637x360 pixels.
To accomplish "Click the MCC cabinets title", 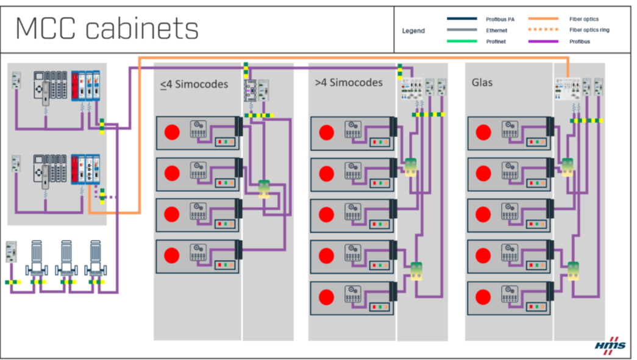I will [x=107, y=29].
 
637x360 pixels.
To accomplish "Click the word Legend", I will [x=413, y=30].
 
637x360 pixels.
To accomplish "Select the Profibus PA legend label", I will [x=500, y=19].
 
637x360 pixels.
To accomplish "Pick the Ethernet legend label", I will [x=496, y=30].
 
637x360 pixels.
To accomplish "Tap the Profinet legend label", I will [x=496, y=41].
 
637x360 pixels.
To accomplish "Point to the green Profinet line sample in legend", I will [x=461, y=41].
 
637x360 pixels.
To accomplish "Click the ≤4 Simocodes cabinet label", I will [x=194, y=84].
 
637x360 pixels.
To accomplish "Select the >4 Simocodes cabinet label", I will [x=349, y=82].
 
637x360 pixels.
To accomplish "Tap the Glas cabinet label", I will [x=482, y=82].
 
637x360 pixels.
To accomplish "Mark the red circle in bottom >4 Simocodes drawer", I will [x=327, y=297].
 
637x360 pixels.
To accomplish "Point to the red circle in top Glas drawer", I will [x=484, y=133].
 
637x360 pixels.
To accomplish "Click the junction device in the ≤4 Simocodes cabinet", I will [x=264, y=188].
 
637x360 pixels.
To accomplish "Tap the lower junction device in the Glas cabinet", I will [x=572, y=269].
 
